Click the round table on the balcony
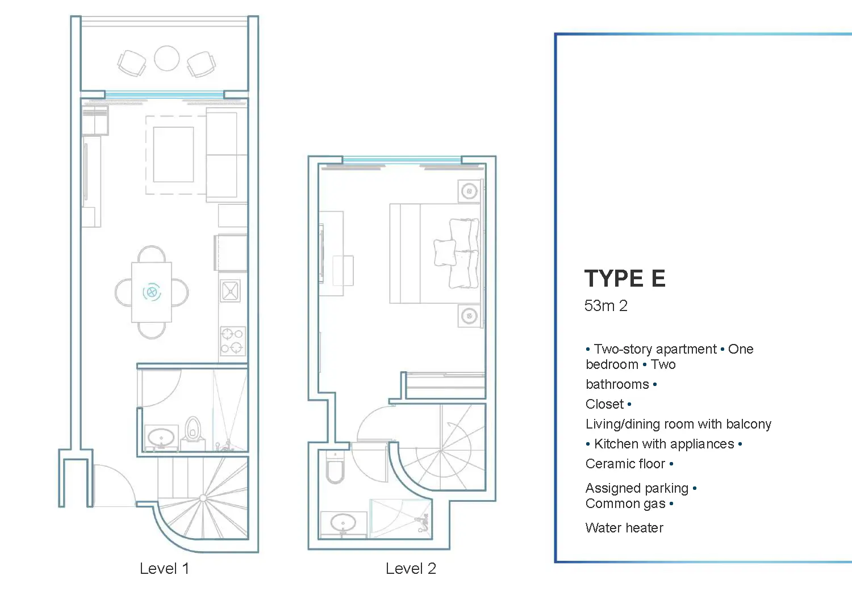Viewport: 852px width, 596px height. [166, 58]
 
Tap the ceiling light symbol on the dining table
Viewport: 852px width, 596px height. [152, 292]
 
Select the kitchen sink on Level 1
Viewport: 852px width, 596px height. [231, 291]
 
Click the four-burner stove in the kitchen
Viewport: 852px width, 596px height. [233, 341]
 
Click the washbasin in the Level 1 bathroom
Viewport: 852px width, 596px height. [161, 438]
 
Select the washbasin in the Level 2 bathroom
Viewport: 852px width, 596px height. [343, 523]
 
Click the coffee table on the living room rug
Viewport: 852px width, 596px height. [173, 155]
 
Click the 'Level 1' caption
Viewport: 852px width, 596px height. [164, 569]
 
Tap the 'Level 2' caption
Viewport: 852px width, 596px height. [411, 569]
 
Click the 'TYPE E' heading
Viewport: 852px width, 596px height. [625, 278]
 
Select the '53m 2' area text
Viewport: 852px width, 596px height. [606, 305]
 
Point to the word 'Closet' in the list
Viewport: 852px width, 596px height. [605, 404]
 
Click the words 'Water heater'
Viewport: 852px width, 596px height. [625, 527]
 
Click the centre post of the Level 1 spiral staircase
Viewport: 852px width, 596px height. [203, 498]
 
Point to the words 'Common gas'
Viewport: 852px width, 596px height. [626, 503]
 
